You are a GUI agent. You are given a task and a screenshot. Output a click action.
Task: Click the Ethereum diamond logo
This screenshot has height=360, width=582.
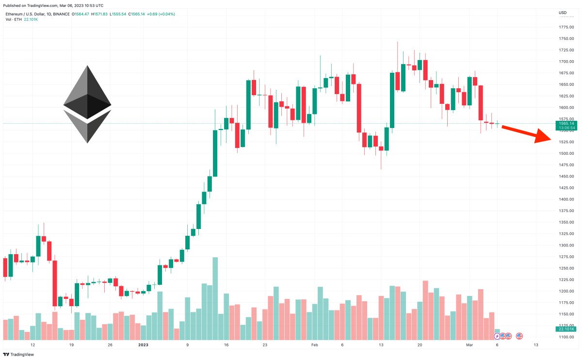click(87, 104)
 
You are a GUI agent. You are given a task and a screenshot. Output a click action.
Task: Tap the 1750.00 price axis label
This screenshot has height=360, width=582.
click(566, 38)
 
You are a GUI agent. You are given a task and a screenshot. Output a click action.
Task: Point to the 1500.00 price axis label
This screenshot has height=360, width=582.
click(566, 153)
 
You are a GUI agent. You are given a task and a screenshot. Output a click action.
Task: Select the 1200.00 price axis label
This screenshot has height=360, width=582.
click(566, 291)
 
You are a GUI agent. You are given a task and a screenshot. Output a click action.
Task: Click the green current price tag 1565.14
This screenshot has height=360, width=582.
click(566, 124)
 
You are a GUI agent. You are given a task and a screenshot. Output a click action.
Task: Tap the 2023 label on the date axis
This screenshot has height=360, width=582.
click(144, 345)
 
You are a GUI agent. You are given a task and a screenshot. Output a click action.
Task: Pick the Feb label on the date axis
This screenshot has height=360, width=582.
click(314, 345)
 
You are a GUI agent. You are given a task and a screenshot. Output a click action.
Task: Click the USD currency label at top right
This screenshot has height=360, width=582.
click(563, 12)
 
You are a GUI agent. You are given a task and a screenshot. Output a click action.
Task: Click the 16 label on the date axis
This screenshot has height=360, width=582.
click(226, 345)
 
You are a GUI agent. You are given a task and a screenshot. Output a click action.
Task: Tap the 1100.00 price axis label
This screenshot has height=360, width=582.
click(566, 337)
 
